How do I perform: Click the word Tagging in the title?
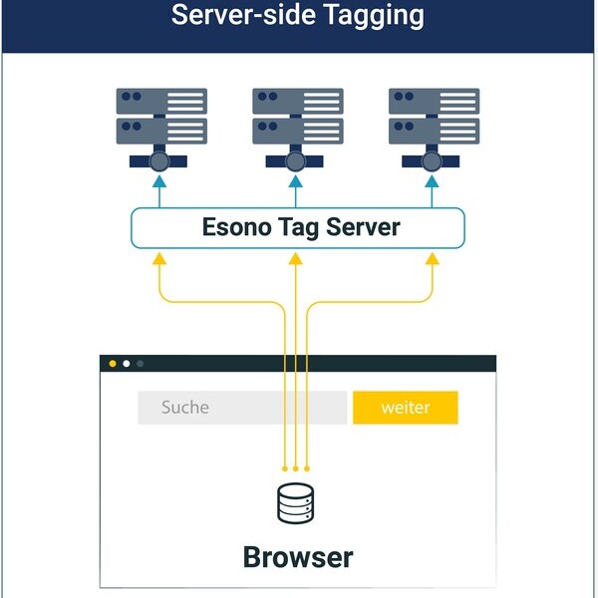point(364,16)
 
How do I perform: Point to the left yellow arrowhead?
point(159,259)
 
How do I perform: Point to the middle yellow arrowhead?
point(296,259)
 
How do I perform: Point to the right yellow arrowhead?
point(433,259)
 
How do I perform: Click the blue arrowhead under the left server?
point(159,181)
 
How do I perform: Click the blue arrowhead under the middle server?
point(296,181)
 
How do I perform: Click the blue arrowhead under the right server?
point(433,181)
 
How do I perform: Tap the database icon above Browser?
point(295,504)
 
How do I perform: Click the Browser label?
point(297,556)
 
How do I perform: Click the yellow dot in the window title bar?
point(113,364)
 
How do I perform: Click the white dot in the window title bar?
point(126,364)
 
